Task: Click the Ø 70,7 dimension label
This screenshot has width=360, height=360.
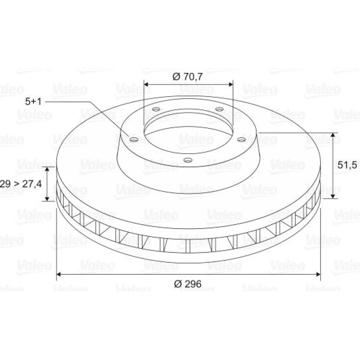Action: (188, 77)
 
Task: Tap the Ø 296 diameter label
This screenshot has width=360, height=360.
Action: (188, 284)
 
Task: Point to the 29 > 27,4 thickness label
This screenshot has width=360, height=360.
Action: (21, 184)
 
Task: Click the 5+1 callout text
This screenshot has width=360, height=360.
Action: (33, 102)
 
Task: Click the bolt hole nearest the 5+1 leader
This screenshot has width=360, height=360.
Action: (134, 139)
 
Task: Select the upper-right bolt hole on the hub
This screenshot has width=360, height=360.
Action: (219, 109)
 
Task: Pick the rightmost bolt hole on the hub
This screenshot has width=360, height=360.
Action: (241, 139)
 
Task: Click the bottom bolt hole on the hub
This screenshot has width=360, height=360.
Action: (188, 160)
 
